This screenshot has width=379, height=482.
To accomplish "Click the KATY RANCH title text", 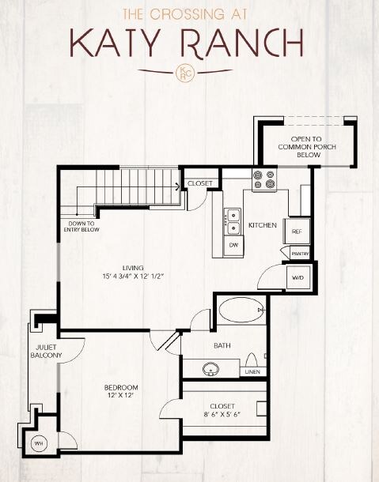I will [x=185, y=42].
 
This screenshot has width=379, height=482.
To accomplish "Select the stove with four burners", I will [x=263, y=181].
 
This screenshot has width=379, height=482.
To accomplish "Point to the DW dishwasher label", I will [x=233, y=246].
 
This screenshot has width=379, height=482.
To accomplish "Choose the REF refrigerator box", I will [x=297, y=232].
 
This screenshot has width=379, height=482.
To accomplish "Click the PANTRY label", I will [x=300, y=254].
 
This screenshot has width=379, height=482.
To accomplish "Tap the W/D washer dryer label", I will [x=299, y=278].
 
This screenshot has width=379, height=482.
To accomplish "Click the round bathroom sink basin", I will [x=211, y=368].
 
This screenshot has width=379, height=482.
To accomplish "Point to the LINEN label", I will [x=252, y=371].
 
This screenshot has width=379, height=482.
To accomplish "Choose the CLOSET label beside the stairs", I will [x=199, y=183].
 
